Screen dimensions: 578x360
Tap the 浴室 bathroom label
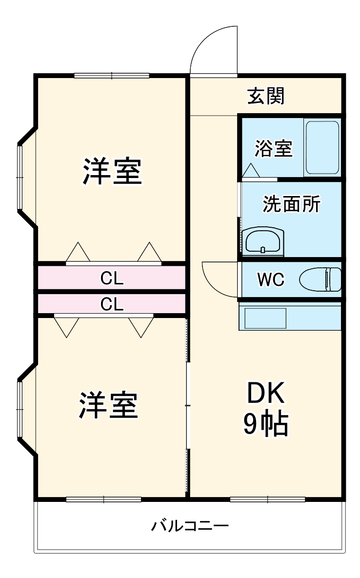(x=273, y=149)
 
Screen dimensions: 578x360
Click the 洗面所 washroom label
(x=291, y=204)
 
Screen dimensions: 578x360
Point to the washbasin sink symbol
(x=263, y=240)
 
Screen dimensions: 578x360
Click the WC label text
(x=271, y=280)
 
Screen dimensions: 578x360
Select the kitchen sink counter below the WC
(x=290, y=317)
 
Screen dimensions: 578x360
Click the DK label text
(x=266, y=393)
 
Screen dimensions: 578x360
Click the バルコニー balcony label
(x=190, y=526)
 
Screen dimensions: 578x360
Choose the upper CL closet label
(x=112, y=278)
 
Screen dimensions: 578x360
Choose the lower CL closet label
(x=112, y=304)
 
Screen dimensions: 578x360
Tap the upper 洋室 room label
(x=112, y=171)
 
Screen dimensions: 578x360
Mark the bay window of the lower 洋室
(x=20, y=408)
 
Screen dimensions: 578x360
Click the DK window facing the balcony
(x=267, y=499)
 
